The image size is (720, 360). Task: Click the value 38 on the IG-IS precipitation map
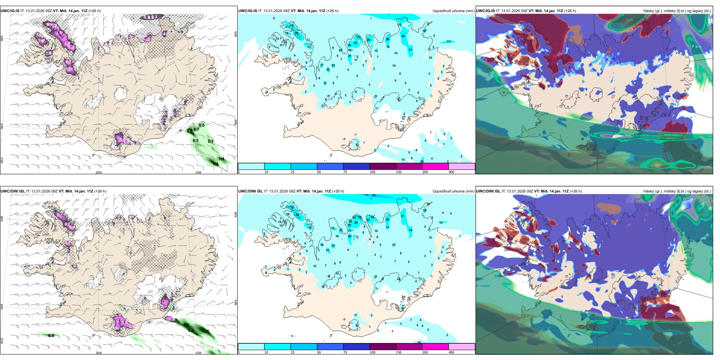387,39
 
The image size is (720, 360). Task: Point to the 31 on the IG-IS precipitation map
349,56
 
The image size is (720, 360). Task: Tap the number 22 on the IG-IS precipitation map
333,65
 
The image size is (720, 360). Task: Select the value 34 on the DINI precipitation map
349,236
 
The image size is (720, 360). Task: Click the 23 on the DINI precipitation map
333,246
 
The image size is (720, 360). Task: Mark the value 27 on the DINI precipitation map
341,230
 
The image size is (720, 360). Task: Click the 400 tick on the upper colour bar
451,172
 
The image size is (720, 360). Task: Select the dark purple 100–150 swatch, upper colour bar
382,166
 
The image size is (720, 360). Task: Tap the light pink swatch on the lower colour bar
462,347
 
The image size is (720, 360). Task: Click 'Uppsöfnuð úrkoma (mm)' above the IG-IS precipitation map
453,11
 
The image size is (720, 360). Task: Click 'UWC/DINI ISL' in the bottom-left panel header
13,191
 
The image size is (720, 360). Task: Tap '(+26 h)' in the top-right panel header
570,11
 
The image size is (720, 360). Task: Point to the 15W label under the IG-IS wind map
198,172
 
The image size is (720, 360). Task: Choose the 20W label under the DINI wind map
99,353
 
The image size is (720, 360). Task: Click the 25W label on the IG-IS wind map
2,160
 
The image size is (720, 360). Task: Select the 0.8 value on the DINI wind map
51,335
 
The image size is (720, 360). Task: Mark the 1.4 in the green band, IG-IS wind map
215,164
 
